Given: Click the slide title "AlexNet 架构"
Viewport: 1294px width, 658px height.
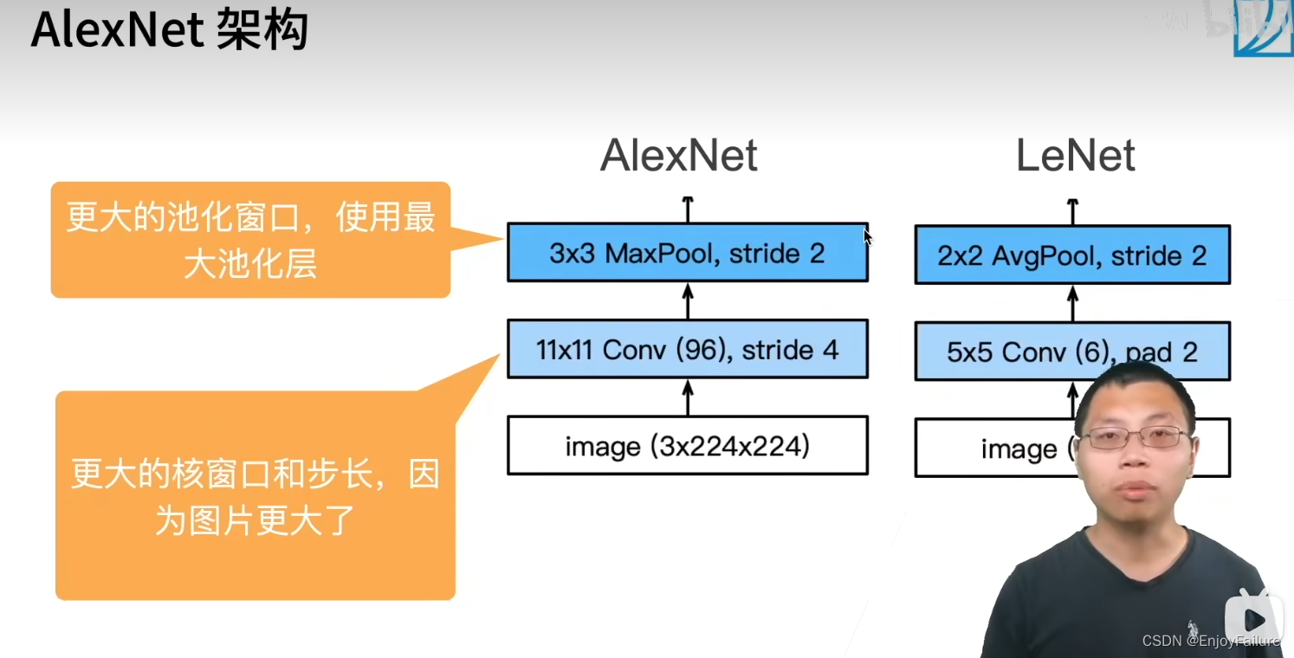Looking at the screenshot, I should pos(169,32).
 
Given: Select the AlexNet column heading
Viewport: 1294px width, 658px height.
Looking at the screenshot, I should pos(678,157).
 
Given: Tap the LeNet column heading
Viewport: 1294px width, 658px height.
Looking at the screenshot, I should pos(1075,157).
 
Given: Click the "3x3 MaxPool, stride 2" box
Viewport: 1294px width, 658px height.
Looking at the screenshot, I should pos(687,253).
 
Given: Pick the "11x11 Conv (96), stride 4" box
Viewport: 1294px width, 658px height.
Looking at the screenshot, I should pos(687,350).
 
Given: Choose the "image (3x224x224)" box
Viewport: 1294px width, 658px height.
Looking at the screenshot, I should pos(687,446).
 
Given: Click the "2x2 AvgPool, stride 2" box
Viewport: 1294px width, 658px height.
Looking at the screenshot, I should pos(1071,255).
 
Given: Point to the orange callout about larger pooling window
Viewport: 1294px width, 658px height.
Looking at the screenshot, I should pos(250,240).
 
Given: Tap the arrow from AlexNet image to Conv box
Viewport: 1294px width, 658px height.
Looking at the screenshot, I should pos(688,397).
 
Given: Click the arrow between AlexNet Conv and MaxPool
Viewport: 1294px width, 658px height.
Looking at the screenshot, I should pos(688,300).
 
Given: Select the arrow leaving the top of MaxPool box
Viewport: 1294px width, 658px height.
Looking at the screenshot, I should pos(688,209).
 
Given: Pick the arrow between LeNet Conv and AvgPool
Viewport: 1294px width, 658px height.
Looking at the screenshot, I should pos(1072,303).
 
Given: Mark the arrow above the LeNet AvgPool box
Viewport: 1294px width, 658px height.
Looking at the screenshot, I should pos(1072,210).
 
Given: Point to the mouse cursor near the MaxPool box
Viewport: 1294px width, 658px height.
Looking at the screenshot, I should pos(868,236).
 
